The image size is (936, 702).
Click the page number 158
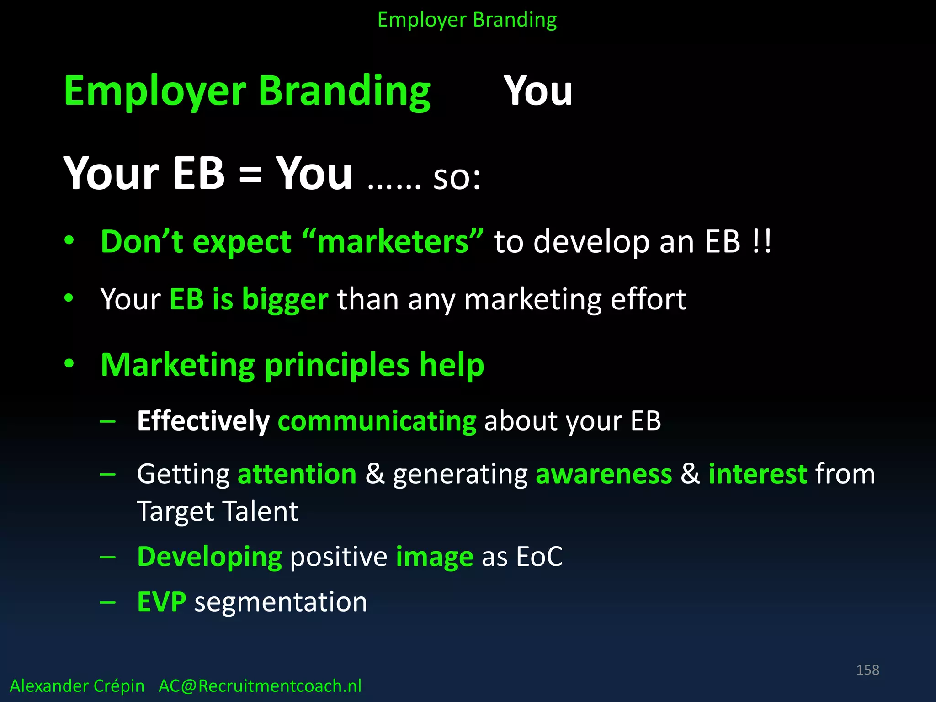click(867, 670)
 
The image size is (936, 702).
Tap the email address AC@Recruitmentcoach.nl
click(260, 686)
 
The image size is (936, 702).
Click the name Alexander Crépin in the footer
click(77, 686)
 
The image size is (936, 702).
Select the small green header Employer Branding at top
click(467, 20)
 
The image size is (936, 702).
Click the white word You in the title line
click(538, 91)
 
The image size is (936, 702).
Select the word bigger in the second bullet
click(285, 300)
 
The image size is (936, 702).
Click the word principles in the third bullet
click(337, 365)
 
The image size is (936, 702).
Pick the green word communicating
click(377, 421)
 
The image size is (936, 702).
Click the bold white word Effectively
click(203, 421)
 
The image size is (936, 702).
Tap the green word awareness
click(604, 474)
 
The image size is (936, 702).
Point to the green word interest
click(758, 474)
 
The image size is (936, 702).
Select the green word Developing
click(210, 557)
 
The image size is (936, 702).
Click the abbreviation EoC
click(539, 557)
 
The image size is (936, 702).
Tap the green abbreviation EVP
click(162, 602)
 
